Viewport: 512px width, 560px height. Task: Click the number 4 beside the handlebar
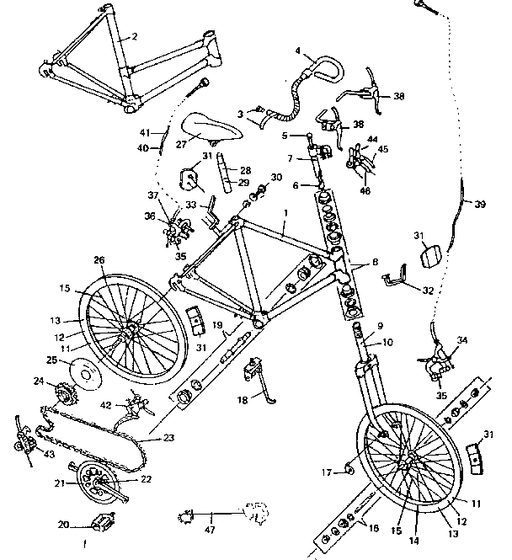(298, 51)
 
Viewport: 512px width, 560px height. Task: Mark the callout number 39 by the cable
(480, 205)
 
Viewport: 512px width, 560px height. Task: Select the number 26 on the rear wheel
(99, 260)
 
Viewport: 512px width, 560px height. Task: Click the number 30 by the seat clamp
(276, 178)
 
